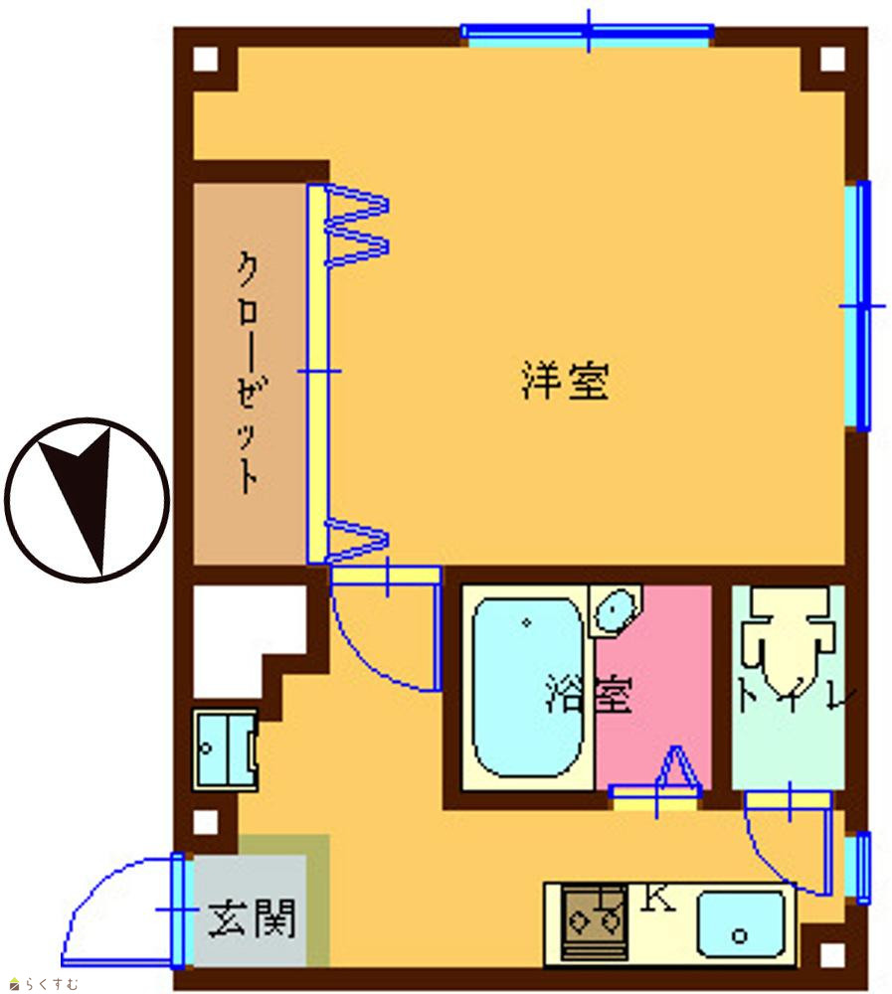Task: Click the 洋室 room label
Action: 565,381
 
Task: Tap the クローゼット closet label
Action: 248,373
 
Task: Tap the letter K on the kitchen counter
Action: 657,898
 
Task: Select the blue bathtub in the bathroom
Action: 527,687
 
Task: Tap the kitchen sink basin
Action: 741,924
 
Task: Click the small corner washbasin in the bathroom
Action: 615,610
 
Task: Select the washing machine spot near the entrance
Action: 225,749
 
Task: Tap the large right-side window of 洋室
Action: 858,305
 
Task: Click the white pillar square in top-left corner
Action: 205,60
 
